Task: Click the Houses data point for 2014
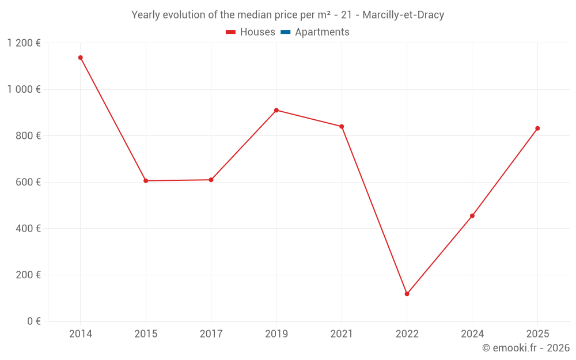pyautogui.click(x=81, y=58)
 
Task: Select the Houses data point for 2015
pyautogui.click(x=146, y=181)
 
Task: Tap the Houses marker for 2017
pyautogui.click(x=211, y=180)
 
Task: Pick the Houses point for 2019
pyautogui.click(x=276, y=110)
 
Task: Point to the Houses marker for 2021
pyautogui.click(x=342, y=127)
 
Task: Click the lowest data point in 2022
pyautogui.click(x=407, y=294)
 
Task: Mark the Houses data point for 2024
pyautogui.click(x=472, y=216)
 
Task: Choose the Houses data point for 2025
pyautogui.click(x=537, y=128)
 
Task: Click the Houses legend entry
pyautogui.click(x=251, y=32)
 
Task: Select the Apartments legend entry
pyautogui.click(x=315, y=32)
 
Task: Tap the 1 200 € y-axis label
pyautogui.click(x=24, y=43)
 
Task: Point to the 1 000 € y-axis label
pyautogui.click(x=24, y=89)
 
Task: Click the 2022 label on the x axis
pyautogui.click(x=407, y=334)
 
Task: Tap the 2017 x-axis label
pyautogui.click(x=211, y=334)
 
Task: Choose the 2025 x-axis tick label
pyautogui.click(x=537, y=334)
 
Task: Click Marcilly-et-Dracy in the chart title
pyautogui.click(x=403, y=15)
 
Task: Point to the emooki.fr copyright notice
pyautogui.click(x=526, y=348)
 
